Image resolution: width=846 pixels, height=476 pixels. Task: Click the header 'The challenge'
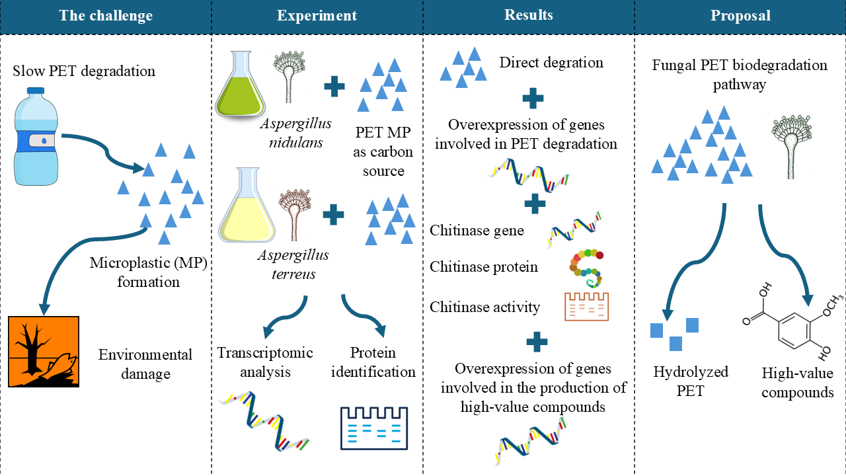[106, 16]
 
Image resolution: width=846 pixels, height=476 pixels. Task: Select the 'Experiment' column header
[317, 16]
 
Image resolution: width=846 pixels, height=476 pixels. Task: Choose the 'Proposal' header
[740, 16]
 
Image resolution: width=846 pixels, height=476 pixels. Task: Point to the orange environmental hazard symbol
[44, 351]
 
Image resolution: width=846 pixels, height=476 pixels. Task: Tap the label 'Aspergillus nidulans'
[295, 133]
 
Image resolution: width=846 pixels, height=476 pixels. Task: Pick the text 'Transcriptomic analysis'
[265, 362]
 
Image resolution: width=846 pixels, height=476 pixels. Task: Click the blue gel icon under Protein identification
[373, 428]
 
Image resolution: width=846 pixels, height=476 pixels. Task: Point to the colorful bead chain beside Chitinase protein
[587, 268]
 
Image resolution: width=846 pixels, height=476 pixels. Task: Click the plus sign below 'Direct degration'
[533, 99]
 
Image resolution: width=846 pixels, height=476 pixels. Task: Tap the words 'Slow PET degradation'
[84, 71]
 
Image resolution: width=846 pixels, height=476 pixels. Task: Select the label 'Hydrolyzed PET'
[681, 381]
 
